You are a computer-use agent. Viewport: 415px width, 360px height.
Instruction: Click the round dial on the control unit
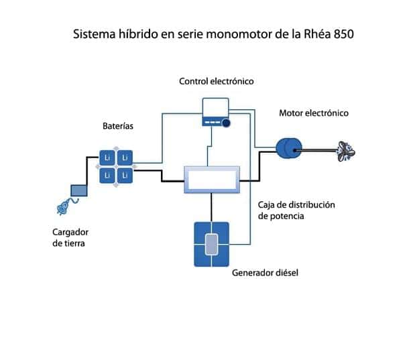pyautogui.click(x=226, y=123)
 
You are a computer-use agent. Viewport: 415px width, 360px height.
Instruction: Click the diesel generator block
pyautogui.click(x=211, y=244)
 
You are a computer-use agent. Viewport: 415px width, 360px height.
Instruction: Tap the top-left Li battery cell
pyautogui.click(x=107, y=158)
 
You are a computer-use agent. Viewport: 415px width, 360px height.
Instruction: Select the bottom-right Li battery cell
pyautogui.click(x=125, y=175)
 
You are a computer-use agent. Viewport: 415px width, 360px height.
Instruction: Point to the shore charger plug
pyautogui.click(x=62, y=207)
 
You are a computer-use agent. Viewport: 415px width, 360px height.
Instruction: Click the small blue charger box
pyautogui.click(x=79, y=191)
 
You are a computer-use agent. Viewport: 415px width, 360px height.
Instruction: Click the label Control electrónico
pyautogui.click(x=216, y=81)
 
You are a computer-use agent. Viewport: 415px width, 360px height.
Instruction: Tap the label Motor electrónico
pyautogui.click(x=314, y=113)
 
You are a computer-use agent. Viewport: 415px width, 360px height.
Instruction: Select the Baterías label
pyautogui.click(x=118, y=125)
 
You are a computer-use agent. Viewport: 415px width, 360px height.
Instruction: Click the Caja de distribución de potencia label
pyautogui.click(x=296, y=211)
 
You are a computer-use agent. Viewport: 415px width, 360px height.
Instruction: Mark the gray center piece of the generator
pyautogui.click(x=211, y=244)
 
